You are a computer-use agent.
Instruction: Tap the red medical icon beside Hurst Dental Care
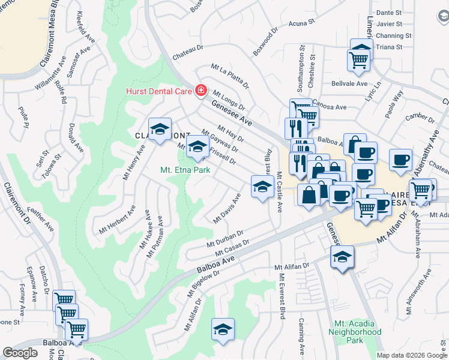200,91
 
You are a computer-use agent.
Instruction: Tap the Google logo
20,353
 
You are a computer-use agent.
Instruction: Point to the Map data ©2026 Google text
412,355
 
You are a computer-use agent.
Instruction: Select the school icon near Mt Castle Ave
262,187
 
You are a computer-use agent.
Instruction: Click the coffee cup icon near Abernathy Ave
400,160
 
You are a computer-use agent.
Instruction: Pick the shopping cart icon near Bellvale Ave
358,59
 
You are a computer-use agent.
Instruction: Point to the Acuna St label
301,23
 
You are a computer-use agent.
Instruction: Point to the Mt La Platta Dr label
229,76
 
